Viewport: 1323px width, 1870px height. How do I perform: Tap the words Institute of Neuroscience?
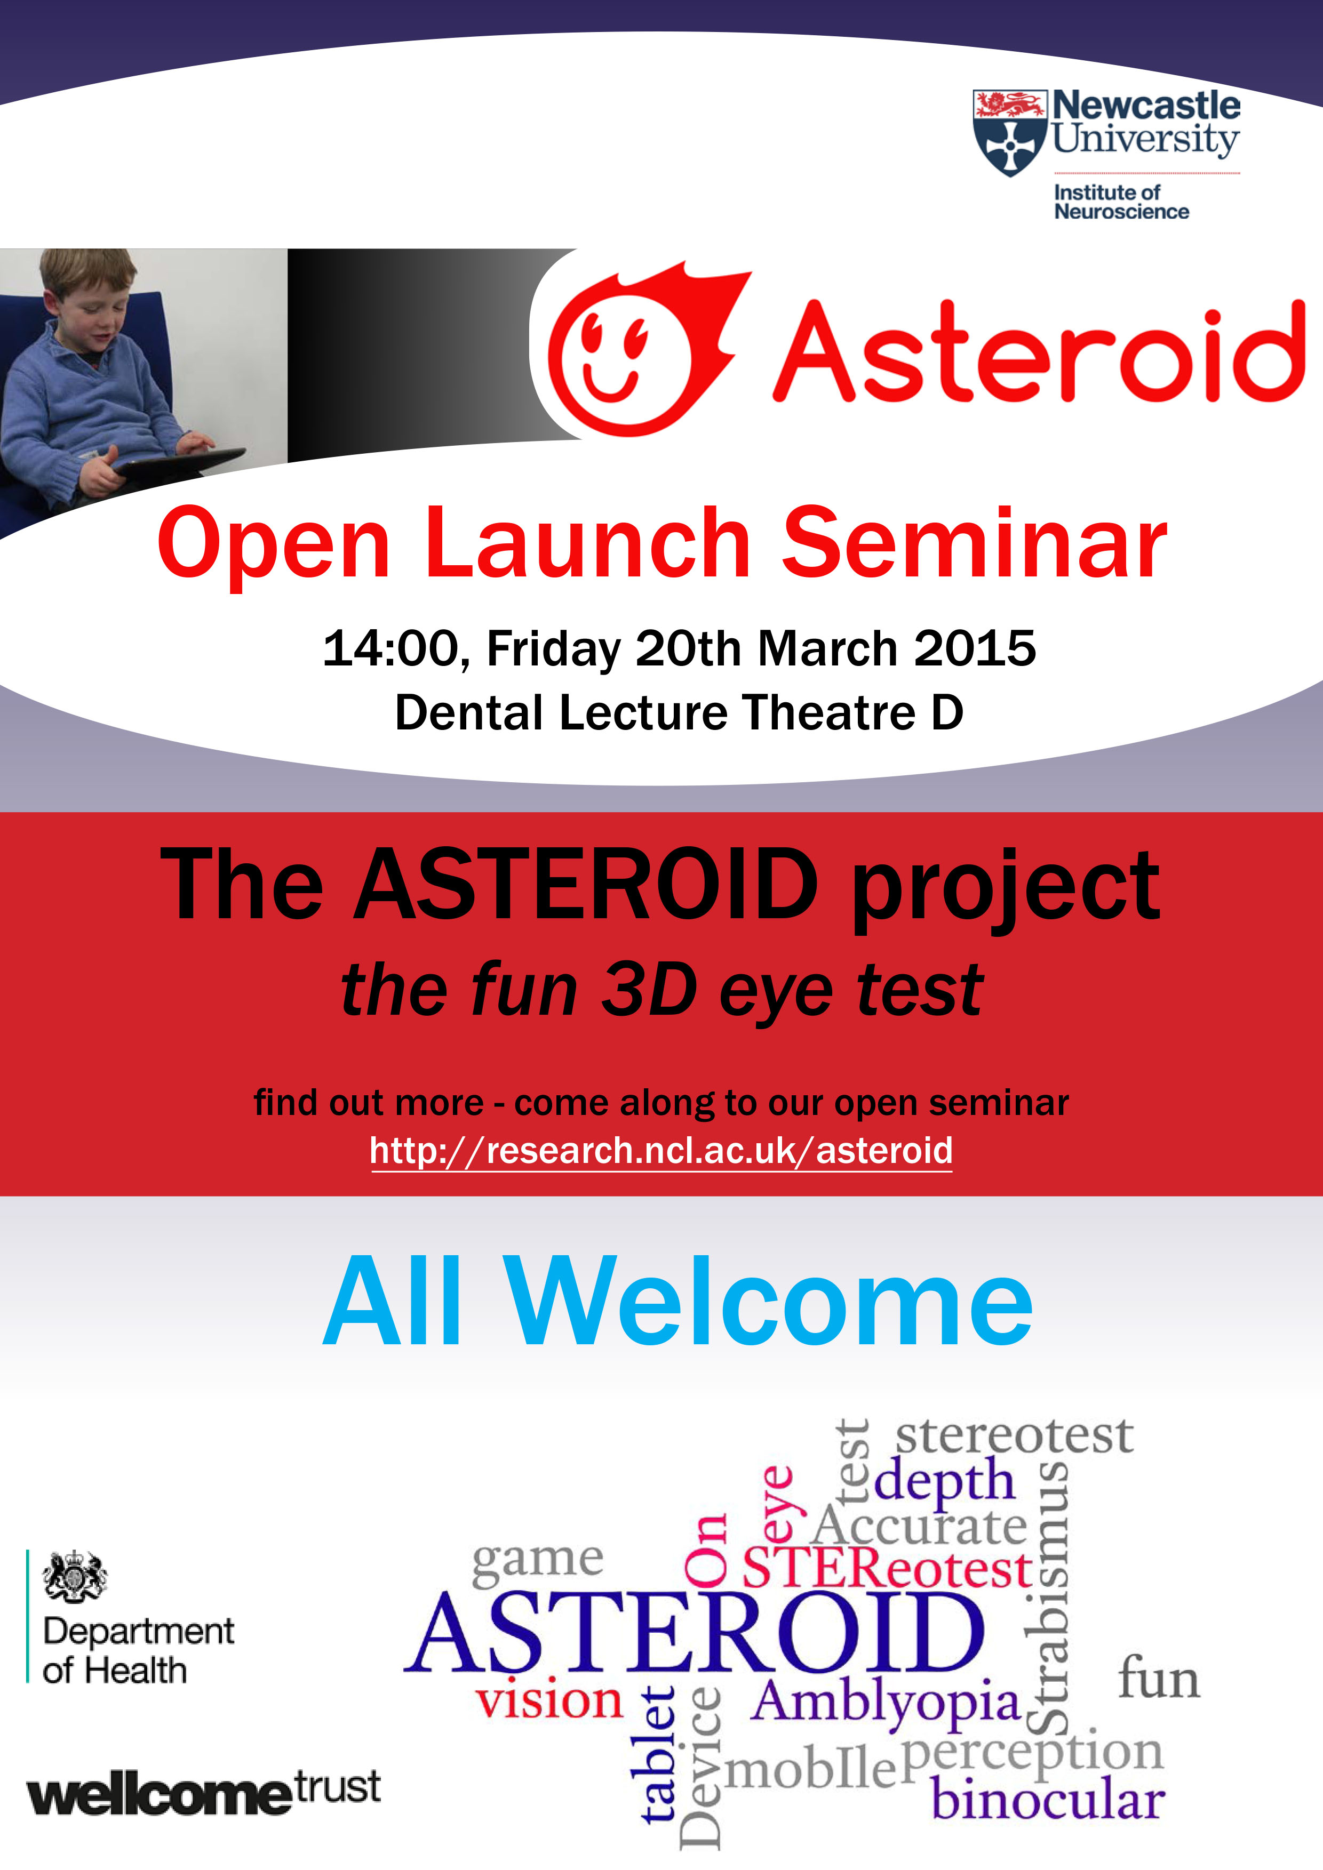(1121, 202)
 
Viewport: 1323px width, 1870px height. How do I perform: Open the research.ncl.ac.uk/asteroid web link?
(660, 1151)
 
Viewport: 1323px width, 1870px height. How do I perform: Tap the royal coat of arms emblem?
(74, 1577)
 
